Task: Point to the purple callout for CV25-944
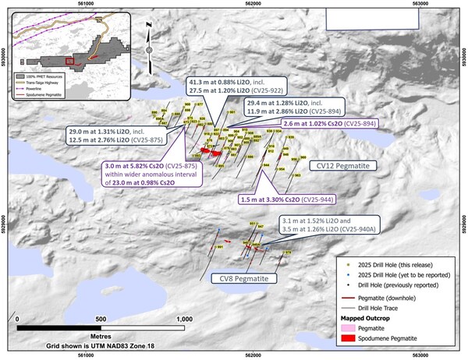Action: point(286,200)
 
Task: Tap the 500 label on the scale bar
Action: point(100,319)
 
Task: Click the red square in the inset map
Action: point(71,58)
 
